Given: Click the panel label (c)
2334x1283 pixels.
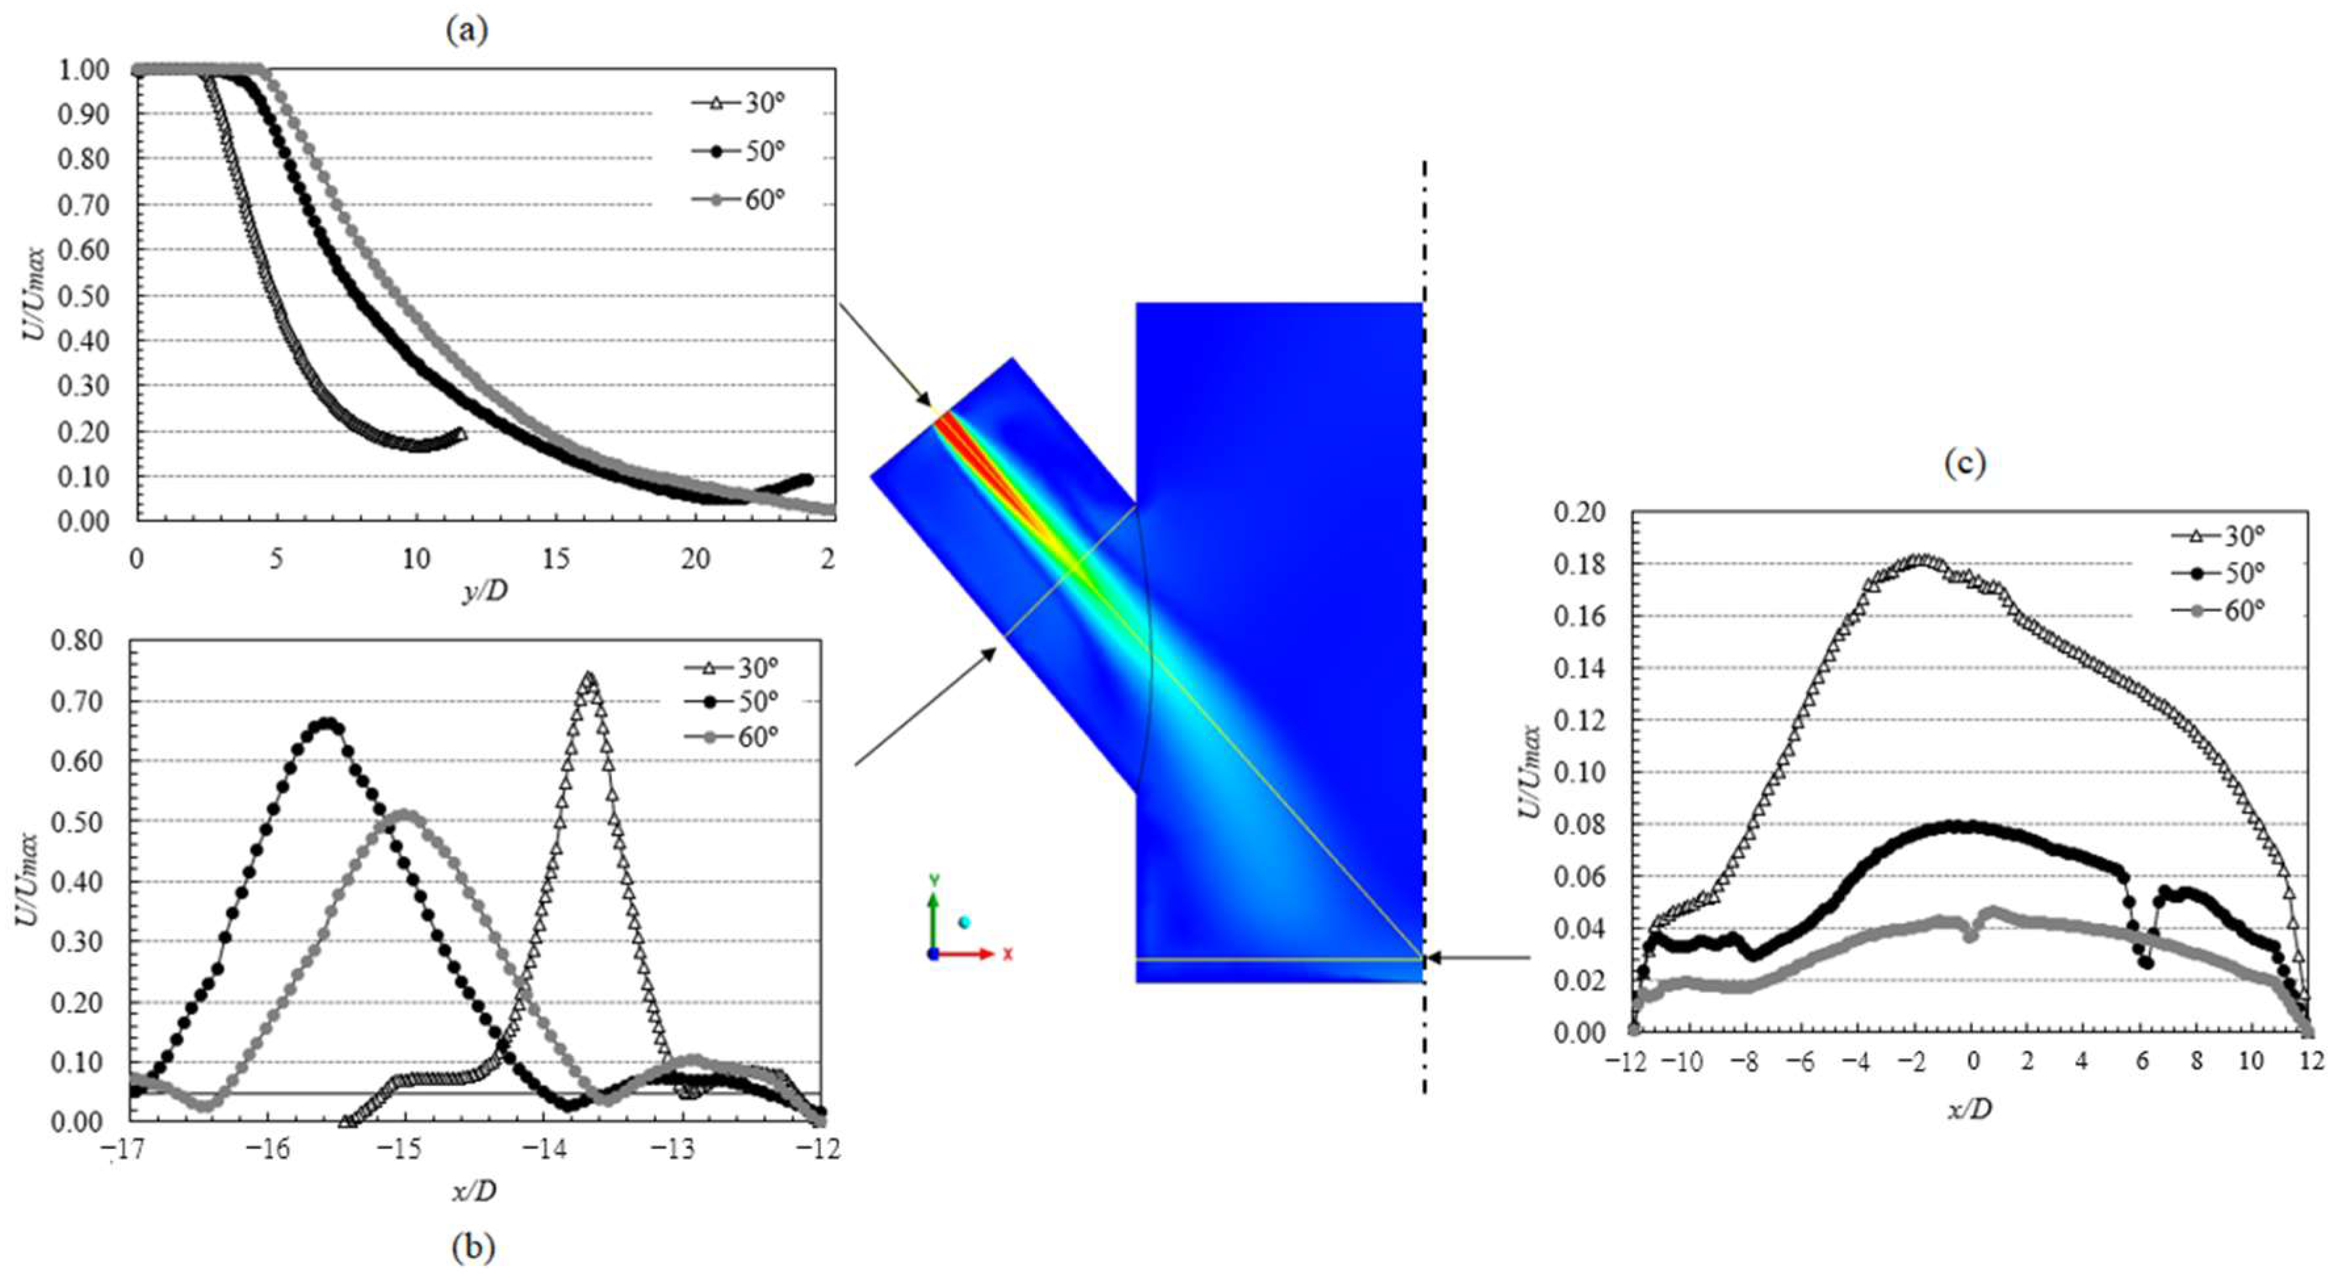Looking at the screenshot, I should point(1964,464).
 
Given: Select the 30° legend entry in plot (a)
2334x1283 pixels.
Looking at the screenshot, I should point(738,103).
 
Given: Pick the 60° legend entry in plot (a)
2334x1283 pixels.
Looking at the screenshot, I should point(738,200).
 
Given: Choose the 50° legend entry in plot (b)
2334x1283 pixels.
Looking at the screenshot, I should point(732,702).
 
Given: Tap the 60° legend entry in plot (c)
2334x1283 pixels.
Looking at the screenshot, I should point(2218,611).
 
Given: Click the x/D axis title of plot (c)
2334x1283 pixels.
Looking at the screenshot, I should point(1971,1108).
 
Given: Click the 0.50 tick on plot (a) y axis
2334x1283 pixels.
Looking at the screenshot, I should point(83,296).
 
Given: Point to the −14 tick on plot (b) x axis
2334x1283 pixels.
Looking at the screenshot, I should point(542,1150).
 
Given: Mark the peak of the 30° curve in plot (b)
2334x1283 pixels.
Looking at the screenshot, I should point(590,676).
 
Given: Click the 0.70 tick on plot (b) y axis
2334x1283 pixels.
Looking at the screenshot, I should point(76,701).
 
